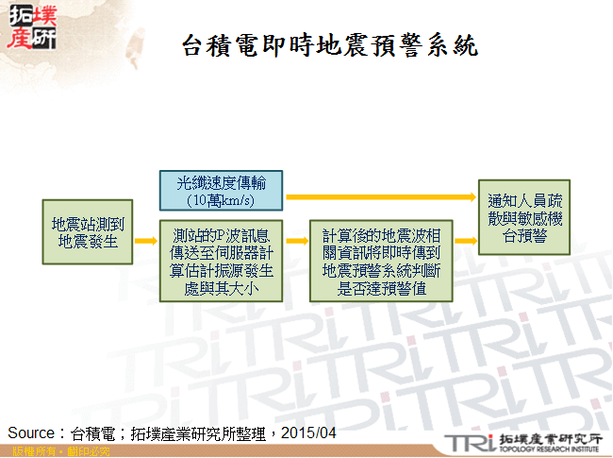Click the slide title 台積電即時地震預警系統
coord(328,44)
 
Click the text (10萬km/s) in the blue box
coord(221,201)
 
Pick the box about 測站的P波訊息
coord(221,261)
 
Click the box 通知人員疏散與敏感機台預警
coord(524,217)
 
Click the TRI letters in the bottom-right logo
coord(468,440)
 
